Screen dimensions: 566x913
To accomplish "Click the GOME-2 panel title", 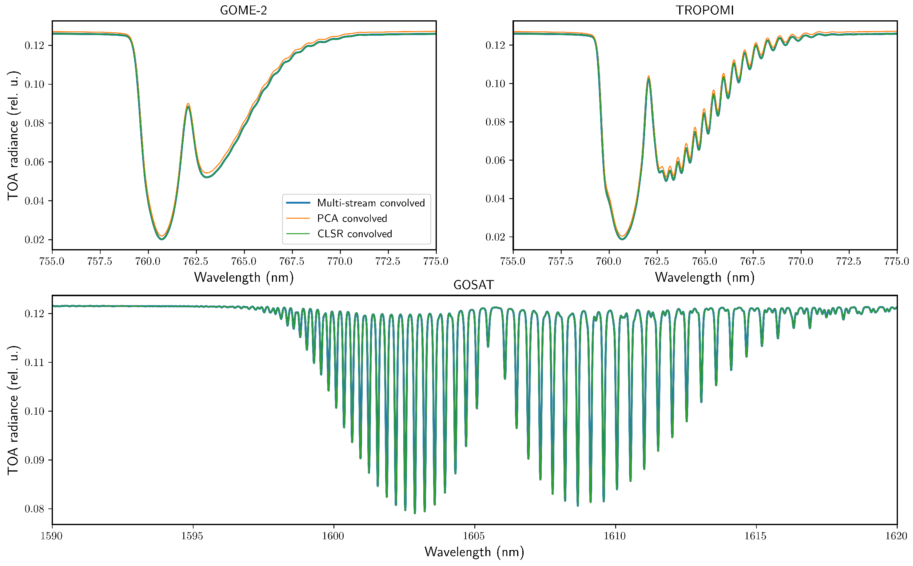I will click(243, 10).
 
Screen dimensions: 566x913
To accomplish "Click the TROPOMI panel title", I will click(704, 10).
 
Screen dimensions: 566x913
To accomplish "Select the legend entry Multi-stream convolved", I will click(371, 203).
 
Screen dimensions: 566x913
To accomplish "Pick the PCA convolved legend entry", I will click(352, 218).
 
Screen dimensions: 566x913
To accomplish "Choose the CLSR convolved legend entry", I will click(354, 233).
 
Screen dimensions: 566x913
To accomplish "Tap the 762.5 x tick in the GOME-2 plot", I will click(196, 261).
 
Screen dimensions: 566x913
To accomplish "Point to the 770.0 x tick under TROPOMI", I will click(801, 261).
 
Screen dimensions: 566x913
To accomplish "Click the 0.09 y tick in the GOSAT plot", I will click(34, 460).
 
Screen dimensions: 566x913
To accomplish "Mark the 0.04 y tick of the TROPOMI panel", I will click(495, 199).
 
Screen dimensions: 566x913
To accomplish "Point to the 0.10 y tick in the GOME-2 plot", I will click(34, 84).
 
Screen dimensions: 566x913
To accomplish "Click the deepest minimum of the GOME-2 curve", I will click(162, 239).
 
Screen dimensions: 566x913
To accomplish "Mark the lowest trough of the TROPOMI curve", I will click(622, 238).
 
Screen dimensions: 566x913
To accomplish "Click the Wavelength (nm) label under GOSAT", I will click(474, 552).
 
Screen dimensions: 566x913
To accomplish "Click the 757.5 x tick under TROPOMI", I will click(560, 261).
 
